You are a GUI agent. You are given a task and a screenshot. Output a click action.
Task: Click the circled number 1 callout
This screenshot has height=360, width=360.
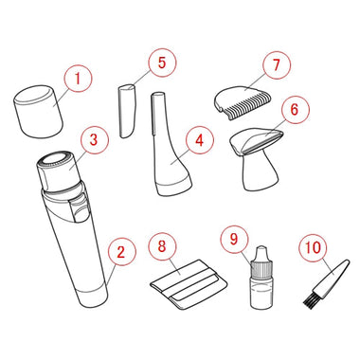click(78, 78)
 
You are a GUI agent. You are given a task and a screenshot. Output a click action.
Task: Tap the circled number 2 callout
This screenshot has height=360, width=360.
click(121, 252)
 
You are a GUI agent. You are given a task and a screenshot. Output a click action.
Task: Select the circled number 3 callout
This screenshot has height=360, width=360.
click(94, 140)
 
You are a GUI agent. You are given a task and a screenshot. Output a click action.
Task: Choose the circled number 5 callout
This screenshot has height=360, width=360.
click(162, 63)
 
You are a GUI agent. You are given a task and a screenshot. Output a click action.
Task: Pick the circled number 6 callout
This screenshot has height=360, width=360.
click(295, 110)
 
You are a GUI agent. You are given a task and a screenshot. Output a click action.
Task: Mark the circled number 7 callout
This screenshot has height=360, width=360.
click(277, 64)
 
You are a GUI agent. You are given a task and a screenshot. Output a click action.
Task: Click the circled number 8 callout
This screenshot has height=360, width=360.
click(162, 246)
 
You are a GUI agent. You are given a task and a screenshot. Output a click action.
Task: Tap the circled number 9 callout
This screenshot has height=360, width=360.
click(234, 239)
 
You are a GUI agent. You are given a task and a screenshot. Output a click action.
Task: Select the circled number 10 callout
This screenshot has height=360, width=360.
click(313, 248)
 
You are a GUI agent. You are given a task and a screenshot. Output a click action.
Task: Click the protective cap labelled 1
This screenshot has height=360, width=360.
click(38, 112)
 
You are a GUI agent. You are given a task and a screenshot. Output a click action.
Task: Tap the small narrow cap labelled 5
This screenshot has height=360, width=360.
click(127, 111)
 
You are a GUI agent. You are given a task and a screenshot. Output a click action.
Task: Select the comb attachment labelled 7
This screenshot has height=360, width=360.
click(243, 102)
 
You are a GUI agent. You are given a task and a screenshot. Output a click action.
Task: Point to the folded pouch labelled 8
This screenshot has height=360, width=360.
click(189, 284)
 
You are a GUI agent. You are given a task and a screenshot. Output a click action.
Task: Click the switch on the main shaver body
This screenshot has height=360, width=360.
click(79, 207)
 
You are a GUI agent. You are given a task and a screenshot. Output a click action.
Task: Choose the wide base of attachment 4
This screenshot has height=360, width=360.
click(174, 188)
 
